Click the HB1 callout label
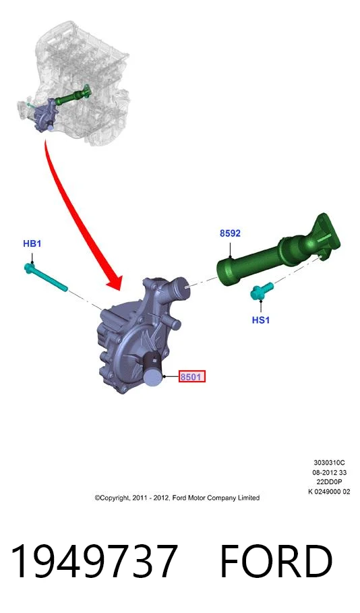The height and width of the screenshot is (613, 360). coord(32,243)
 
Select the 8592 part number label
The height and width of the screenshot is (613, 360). coord(230,233)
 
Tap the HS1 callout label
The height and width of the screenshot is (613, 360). coord(261,320)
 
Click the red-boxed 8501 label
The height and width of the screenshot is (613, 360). coord(192,377)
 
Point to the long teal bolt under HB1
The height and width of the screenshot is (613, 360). coord(46,278)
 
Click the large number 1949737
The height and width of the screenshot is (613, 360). coord(94,561)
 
